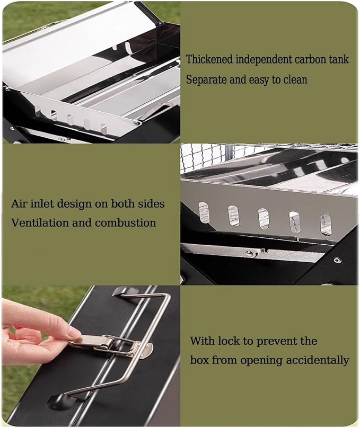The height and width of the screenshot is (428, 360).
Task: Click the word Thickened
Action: pos(209,59)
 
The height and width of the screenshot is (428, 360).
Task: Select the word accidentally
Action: pos(318,360)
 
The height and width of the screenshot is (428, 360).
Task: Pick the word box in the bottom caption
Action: pos(199,360)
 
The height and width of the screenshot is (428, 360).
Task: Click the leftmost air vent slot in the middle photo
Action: pos(203,211)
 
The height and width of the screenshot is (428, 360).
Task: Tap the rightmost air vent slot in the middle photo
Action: pos(326,225)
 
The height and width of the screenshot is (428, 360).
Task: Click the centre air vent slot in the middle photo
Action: pos(264,218)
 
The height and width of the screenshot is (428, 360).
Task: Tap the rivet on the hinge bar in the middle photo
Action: pos(249,254)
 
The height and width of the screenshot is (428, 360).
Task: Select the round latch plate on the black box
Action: pos(147,350)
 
